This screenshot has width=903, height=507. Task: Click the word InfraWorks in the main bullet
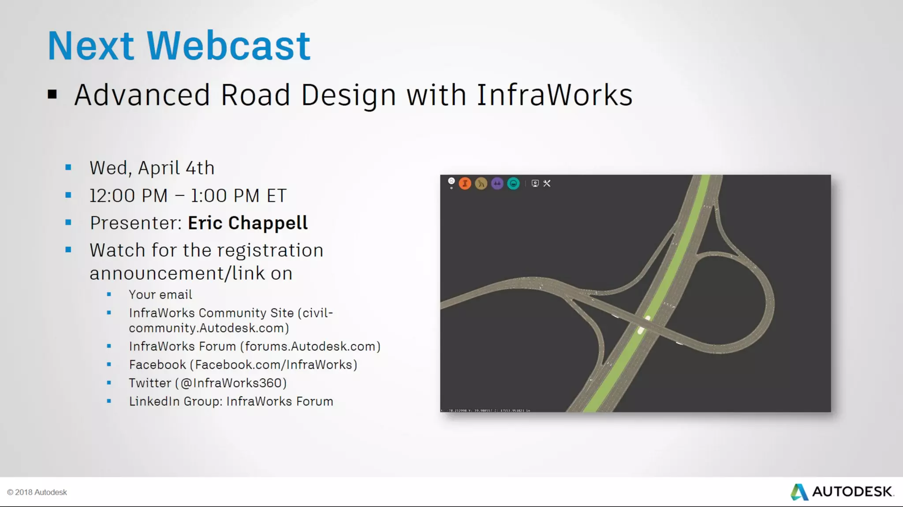pos(554,95)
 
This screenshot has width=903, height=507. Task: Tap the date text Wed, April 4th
pos(152,168)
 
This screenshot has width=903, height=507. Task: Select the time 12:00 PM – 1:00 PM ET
pos(188,196)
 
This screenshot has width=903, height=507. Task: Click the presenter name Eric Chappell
pos(247,223)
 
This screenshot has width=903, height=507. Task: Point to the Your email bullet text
pos(160,295)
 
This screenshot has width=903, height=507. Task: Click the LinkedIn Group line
pos(231,402)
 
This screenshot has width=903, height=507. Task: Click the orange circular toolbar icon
pos(465,183)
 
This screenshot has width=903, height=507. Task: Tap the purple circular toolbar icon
pos(497,183)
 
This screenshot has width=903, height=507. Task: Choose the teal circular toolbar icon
pos(513,183)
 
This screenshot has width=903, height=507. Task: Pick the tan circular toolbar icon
pos(481,183)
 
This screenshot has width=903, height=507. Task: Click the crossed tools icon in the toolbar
pos(547,183)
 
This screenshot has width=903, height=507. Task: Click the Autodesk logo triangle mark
pos(799,492)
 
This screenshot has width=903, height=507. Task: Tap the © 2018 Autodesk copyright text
pos(37,492)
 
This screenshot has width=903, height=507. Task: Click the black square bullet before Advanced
pos(52,94)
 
